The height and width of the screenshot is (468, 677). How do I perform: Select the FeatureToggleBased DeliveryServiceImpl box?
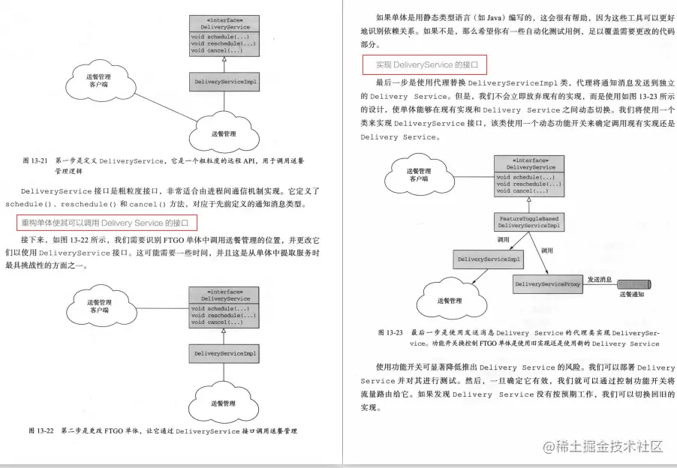529,221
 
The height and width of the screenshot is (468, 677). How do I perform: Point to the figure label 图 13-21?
35,160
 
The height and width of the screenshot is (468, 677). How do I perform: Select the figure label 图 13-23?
390,331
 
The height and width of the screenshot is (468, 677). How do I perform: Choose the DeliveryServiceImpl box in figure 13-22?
224,352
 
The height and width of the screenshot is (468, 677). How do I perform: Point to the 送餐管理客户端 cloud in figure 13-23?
419,175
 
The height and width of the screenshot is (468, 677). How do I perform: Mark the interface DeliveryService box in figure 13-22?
224,307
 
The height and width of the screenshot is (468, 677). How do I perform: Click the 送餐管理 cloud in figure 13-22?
225,403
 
